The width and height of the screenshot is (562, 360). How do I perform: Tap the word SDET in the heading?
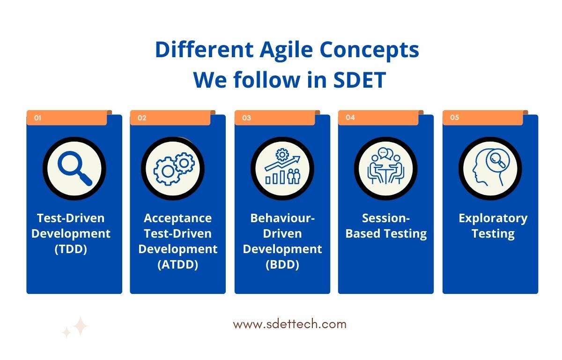click(359, 80)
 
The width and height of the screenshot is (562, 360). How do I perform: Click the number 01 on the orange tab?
click(37, 118)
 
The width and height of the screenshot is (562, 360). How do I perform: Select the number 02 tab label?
click(142, 118)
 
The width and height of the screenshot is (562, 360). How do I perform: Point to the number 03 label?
click(246, 118)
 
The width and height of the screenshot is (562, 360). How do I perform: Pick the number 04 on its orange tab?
click(350, 117)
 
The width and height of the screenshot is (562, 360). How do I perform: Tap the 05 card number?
click(454, 117)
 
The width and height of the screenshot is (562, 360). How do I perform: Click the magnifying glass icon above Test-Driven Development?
click(75, 168)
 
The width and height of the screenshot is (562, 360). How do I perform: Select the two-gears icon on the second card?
click(174, 169)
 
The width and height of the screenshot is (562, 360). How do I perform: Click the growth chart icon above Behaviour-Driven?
click(282, 166)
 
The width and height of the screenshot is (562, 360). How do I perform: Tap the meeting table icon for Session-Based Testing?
click(386, 166)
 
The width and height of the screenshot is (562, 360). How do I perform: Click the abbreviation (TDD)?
click(71, 249)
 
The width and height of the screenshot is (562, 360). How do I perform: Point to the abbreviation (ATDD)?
click(178, 264)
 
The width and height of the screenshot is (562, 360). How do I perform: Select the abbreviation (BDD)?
click(282, 264)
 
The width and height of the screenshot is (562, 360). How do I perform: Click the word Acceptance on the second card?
click(178, 218)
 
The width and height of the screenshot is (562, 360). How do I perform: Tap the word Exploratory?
click(493, 218)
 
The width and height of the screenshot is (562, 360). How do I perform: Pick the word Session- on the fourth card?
click(386, 218)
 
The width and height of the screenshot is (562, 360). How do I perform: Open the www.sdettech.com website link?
click(290, 324)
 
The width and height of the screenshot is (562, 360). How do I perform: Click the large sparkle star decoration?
click(80, 326)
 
